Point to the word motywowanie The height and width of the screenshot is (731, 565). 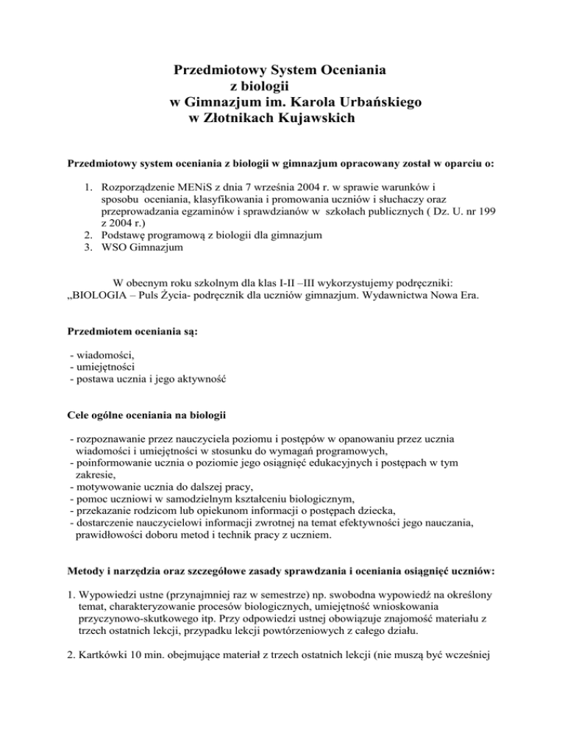coord(105,476)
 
